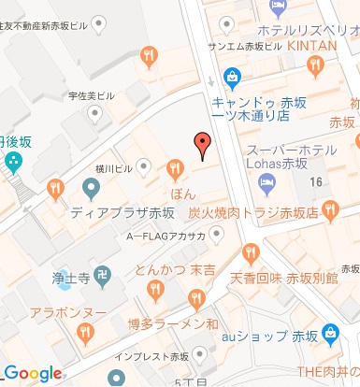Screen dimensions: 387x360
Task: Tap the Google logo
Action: coord(33,373)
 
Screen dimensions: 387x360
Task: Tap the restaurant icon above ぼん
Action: coord(174,168)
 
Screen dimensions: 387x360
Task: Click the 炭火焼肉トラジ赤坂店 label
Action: coord(266,212)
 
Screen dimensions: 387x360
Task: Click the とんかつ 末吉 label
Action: coord(174,270)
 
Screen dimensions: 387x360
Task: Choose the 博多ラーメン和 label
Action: coord(173,323)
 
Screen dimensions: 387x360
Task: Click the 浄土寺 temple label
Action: coord(70,277)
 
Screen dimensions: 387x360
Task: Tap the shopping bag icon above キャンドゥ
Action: coord(231,77)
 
